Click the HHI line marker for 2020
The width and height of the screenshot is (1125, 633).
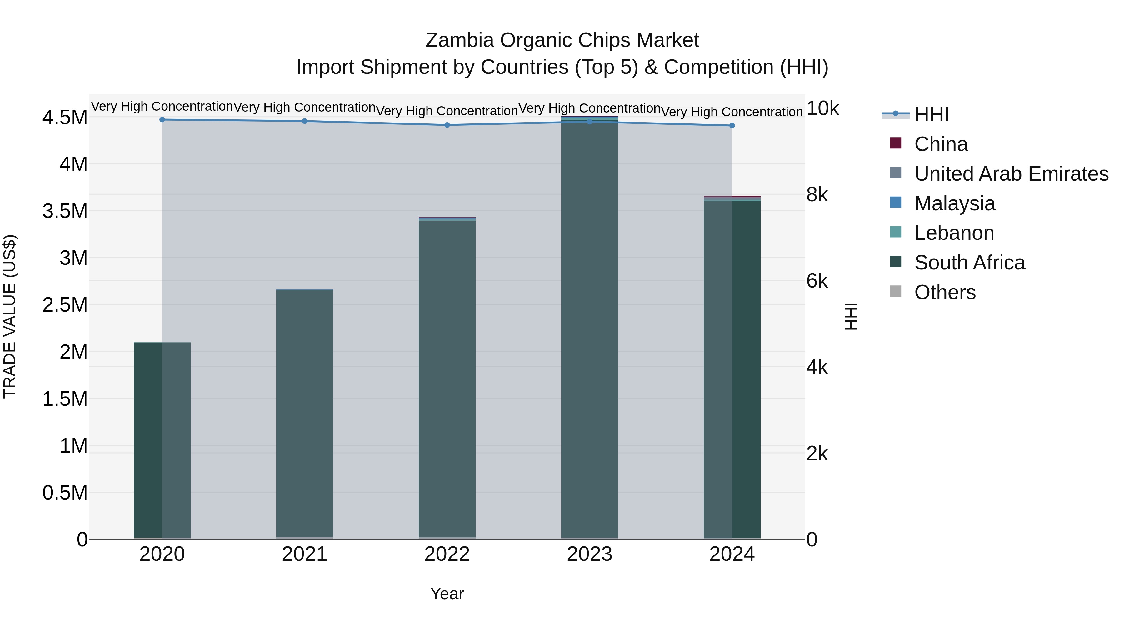(x=162, y=120)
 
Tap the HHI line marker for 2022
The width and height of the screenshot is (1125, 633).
(x=447, y=125)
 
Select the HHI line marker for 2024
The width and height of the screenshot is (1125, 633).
(x=732, y=126)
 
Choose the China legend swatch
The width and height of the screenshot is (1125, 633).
(x=895, y=143)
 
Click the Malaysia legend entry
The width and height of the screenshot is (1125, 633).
(x=954, y=203)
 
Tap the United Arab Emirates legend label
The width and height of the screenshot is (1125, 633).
(x=1011, y=174)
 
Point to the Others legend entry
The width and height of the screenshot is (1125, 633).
(x=945, y=293)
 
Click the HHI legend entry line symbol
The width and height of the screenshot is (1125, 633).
(x=895, y=114)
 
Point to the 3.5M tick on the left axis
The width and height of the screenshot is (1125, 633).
(x=65, y=211)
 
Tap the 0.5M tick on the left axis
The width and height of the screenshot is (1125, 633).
(x=65, y=493)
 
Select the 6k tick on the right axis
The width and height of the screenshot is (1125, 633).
(x=817, y=281)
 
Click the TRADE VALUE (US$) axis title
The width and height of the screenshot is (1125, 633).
(x=10, y=316)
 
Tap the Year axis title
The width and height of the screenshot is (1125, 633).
(x=447, y=594)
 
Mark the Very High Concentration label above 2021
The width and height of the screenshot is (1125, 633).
(x=304, y=107)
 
